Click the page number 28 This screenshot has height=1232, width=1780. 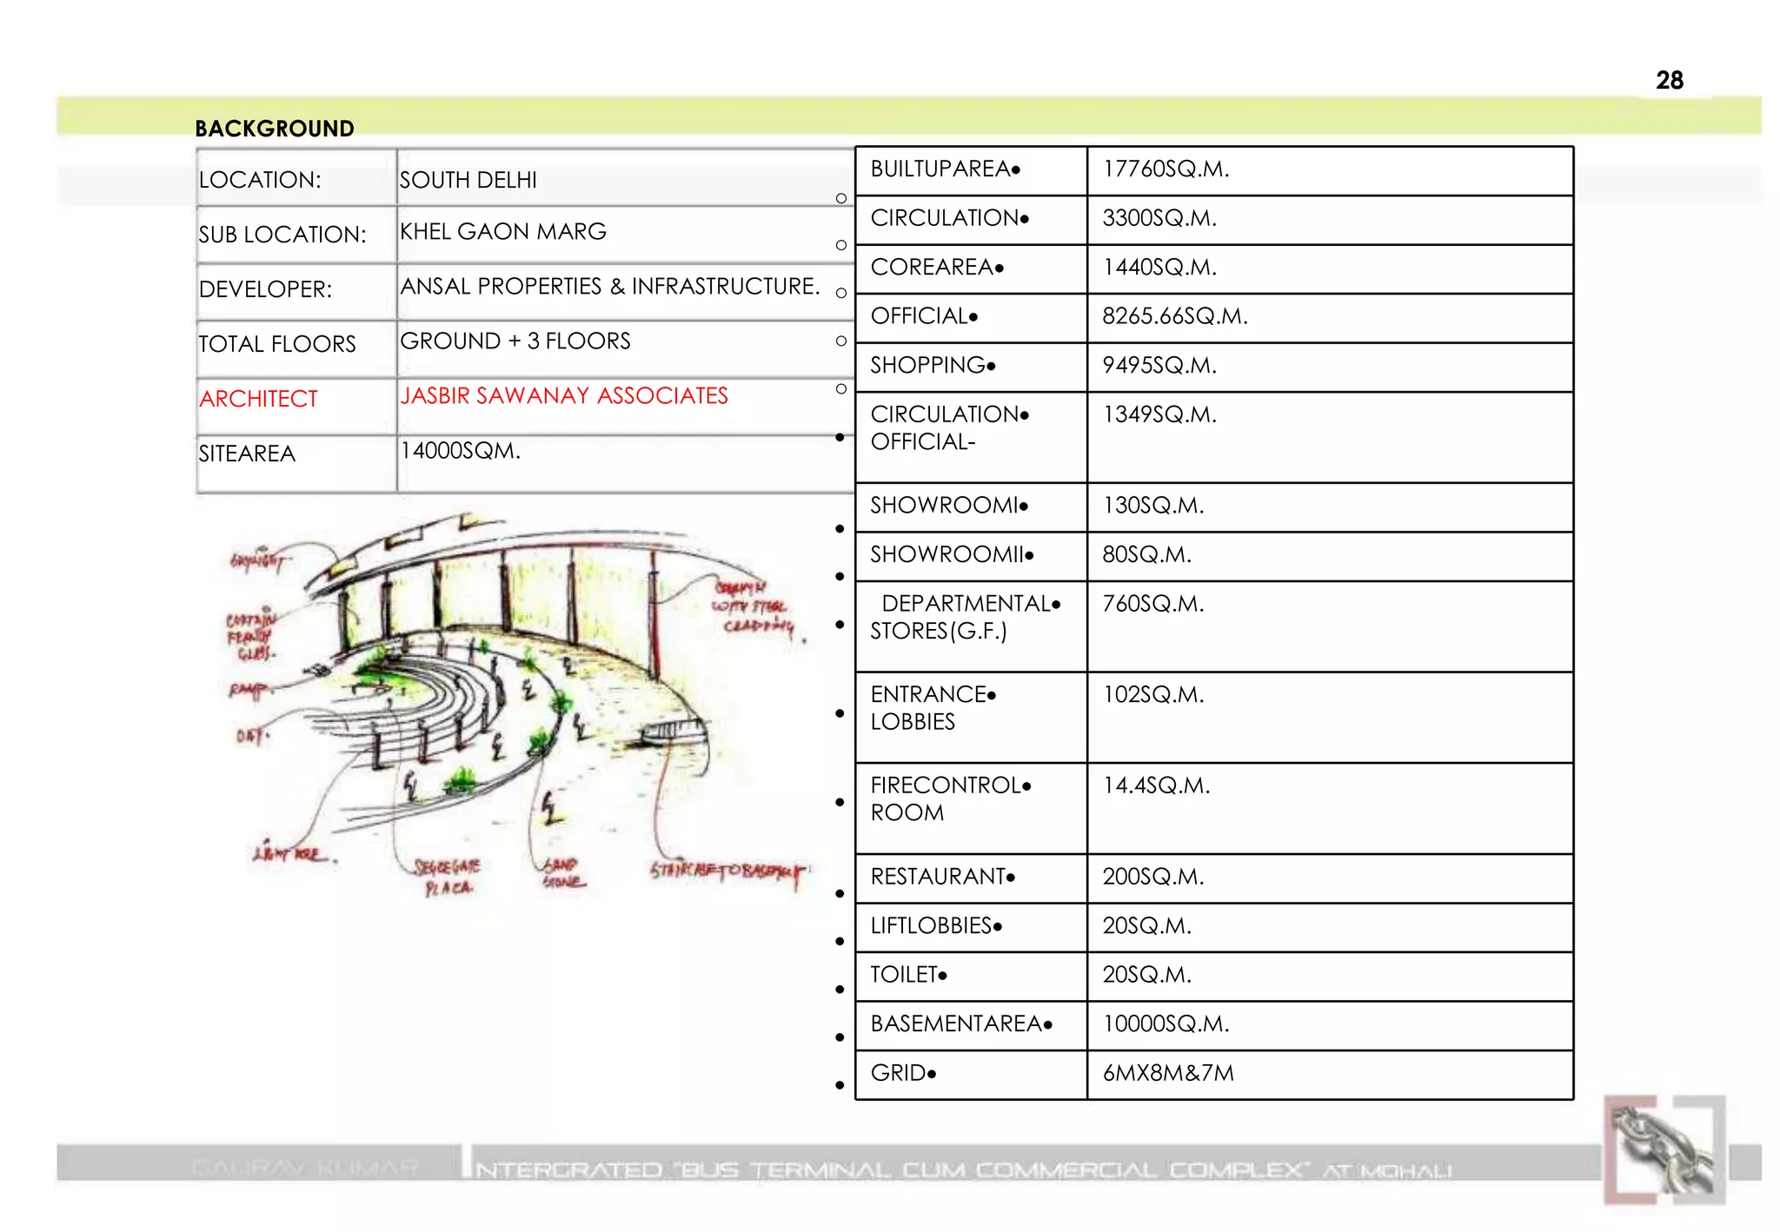tap(1669, 80)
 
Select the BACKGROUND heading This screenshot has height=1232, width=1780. tap(275, 129)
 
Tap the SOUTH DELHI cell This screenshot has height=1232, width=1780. tap(468, 180)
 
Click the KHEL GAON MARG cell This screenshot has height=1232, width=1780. tap(502, 232)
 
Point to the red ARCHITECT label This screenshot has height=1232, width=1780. tap(258, 399)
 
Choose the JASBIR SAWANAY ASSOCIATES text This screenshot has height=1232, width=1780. tap(563, 396)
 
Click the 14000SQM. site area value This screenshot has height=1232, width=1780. tap(460, 451)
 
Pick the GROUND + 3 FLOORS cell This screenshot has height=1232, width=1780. tap(515, 341)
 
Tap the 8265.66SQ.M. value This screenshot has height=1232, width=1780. tap(1174, 316)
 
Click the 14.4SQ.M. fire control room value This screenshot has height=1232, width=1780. tap(1156, 785)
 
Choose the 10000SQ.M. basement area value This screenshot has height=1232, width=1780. tap(1166, 1024)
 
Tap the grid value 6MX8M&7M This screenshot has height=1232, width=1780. tap(1167, 1073)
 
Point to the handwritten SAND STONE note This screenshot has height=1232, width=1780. tap(563, 873)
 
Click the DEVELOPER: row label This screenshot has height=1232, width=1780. tap(265, 289)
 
